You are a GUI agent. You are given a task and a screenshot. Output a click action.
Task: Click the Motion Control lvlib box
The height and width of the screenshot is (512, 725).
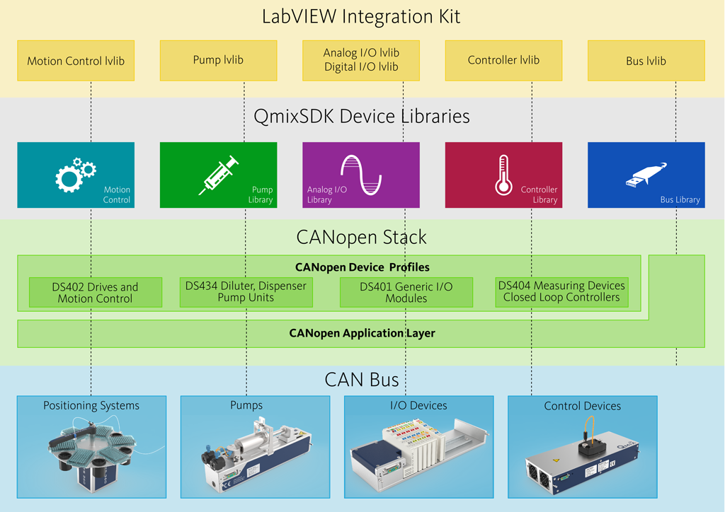(x=76, y=61)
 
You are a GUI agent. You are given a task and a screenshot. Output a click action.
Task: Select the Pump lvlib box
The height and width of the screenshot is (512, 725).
(x=218, y=60)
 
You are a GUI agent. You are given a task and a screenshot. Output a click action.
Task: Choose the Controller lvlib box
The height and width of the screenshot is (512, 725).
(x=503, y=60)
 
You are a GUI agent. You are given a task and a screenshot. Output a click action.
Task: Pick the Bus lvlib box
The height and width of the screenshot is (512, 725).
(x=646, y=61)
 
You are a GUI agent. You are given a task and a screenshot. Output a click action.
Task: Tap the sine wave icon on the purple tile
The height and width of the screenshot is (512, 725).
(x=361, y=174)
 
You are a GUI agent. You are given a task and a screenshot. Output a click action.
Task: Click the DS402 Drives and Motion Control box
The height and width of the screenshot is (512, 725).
(x=96, y=293)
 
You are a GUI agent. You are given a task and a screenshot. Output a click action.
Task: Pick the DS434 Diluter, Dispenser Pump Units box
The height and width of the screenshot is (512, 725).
(x=246, y=292)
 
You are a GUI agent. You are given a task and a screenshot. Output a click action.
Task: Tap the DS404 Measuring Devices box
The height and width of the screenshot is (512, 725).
(x=561, y=291)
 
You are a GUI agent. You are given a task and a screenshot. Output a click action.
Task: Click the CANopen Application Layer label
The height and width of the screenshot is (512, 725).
(x=362, y=333)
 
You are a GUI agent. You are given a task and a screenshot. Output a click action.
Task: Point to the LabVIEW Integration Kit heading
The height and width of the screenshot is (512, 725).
(x=361, y=16)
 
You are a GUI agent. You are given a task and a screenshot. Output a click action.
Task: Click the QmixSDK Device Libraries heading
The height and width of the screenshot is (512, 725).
(x=361, y=116)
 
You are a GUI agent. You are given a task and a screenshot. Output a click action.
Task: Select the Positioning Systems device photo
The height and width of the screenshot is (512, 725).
(x=91, y=453)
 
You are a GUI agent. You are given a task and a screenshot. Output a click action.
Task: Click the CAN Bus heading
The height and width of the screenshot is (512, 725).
(x=361, y=380)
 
